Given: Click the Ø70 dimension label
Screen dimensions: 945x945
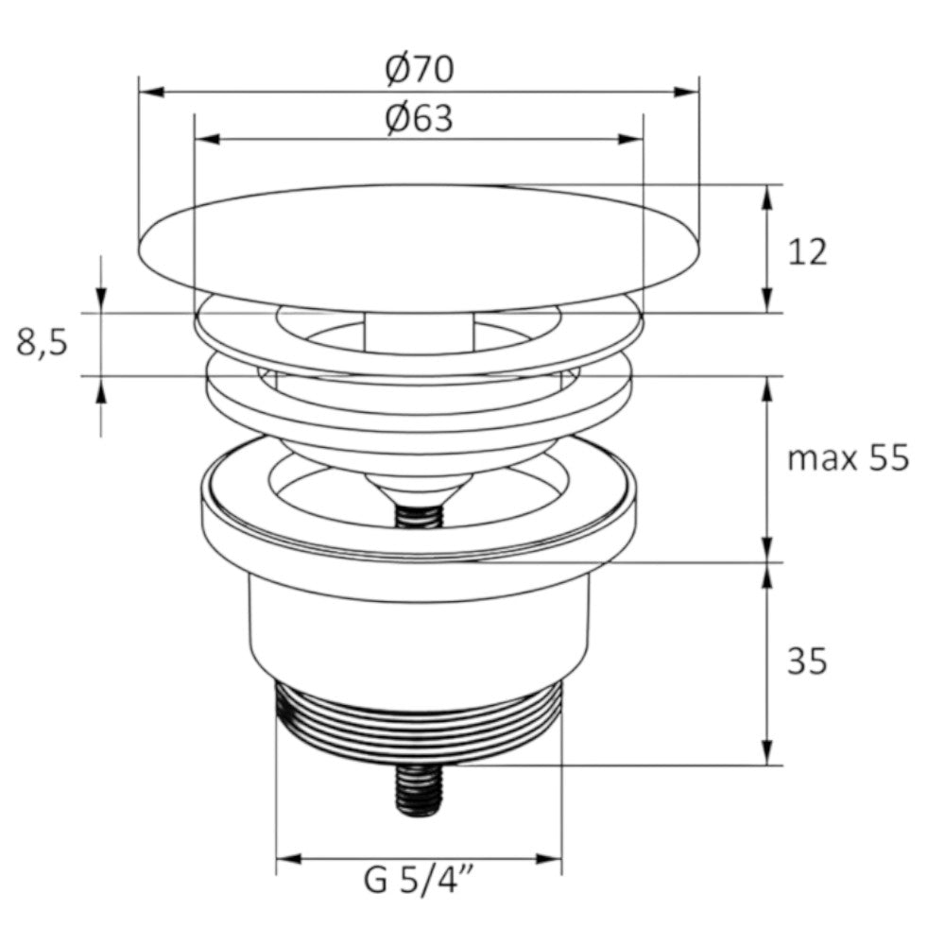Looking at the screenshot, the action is coord(420,69).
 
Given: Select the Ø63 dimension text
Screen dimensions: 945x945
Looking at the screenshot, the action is coord(420,117).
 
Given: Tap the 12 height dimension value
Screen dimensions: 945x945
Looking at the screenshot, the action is coord(807,252).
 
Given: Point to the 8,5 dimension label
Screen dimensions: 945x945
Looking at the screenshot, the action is coord(43,344).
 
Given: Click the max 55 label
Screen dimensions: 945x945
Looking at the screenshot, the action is coord(848,458).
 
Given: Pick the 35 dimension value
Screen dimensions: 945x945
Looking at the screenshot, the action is coord(807,661).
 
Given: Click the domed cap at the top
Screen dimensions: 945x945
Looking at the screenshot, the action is coord(419,249).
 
